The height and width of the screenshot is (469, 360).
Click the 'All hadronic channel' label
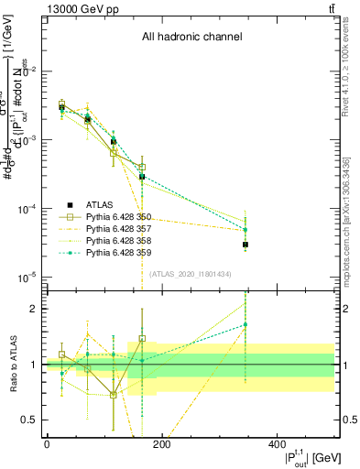pyautogui.click(x=191, y=38)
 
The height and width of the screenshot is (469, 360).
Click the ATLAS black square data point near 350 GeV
pyautogui.click(x=245, y=245)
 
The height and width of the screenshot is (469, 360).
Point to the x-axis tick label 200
pyautogui.click(x=161, y=444)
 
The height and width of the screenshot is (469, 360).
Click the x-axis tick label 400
pyautogui.click(x=277, y=444)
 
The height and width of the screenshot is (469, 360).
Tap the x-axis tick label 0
pyautogui.click(x=47, y=444)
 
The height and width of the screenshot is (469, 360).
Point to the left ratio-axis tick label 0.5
pyautogui.click(x=28, y=420)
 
